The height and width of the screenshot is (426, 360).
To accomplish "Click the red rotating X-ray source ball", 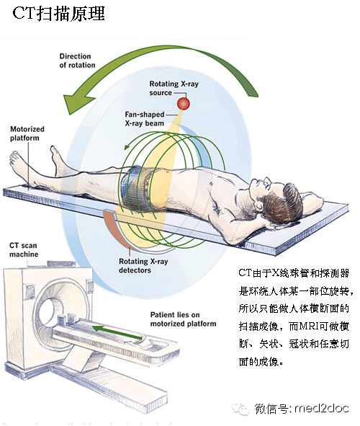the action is point(184,104).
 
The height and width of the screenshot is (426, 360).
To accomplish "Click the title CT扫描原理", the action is point(58,13).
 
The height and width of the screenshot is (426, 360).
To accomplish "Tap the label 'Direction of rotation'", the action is point(77,61).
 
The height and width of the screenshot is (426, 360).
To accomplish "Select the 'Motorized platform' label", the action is point(27,133).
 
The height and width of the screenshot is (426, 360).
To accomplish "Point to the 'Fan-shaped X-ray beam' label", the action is point(145,119).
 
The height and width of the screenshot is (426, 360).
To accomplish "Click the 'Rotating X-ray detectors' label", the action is point(143,266).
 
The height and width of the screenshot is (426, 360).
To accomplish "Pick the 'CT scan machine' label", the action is point(24,249).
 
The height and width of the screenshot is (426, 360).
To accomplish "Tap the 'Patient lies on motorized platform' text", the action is point(183,319).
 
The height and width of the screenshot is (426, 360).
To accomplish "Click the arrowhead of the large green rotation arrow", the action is point(76,104).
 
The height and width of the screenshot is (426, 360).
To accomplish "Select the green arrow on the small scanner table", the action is point(117,333).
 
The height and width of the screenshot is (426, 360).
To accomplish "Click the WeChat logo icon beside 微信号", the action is point(240,409).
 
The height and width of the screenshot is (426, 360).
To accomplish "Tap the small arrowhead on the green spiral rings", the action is point(127,147).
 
